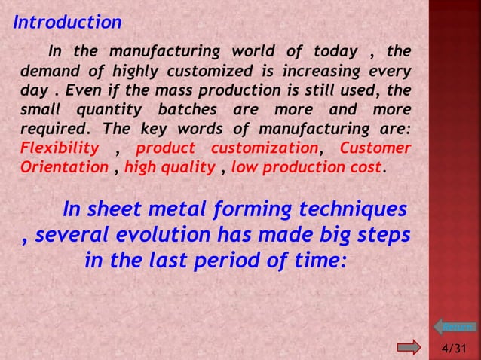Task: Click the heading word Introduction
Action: coord(67,23)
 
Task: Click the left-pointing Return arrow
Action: coord(454,327)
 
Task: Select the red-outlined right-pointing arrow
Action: coord(409,347)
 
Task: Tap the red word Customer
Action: coord(375,147)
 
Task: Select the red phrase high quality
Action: coord(170,166)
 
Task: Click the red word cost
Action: coord(366,166)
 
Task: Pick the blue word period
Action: coord(244,261)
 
